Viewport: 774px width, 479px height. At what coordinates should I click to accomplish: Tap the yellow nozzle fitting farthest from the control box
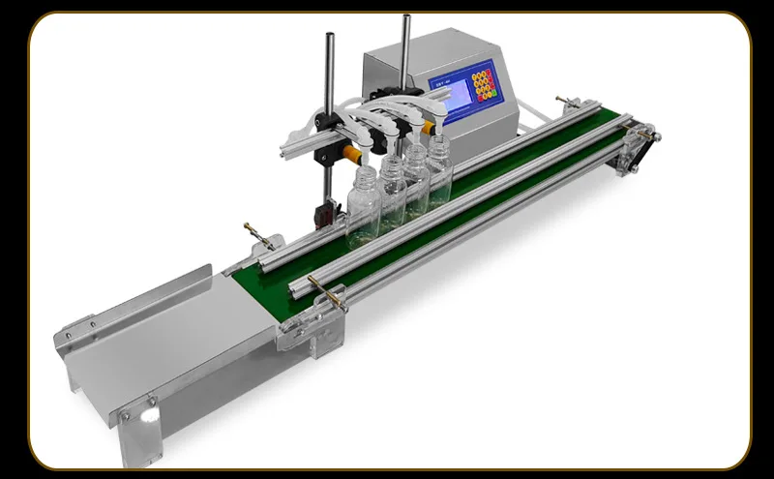pyautogui.click(x=350, y=153)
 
